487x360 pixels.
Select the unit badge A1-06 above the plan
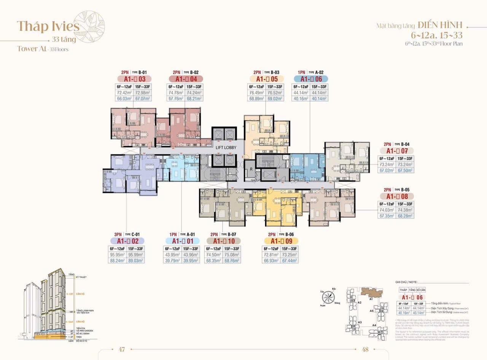point(311,79)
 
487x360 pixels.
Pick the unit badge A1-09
point(281,241)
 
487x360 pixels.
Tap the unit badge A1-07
point(396,151)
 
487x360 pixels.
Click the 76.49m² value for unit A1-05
point(257,92)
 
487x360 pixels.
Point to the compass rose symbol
point(328,298)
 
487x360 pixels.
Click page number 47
point(122,349)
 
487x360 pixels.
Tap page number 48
point(365,349)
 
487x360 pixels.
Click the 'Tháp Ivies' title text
point(48,26)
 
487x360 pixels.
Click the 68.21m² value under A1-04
point(194,99)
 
